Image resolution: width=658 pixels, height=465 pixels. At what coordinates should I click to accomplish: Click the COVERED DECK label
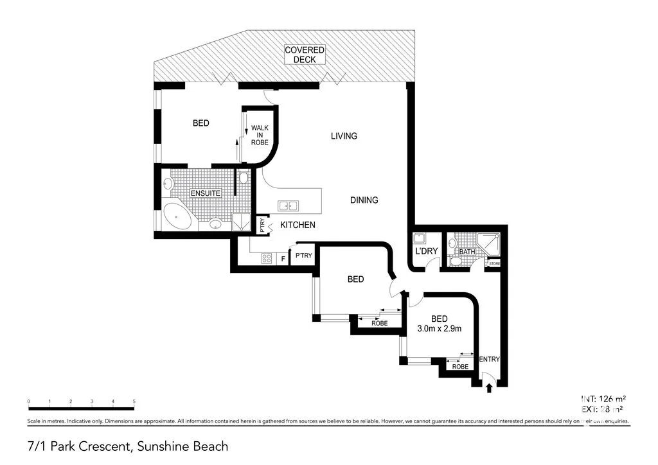305,55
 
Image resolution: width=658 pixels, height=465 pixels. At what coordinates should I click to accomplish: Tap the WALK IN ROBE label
260,135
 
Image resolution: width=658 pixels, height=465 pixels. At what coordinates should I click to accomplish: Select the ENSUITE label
205,193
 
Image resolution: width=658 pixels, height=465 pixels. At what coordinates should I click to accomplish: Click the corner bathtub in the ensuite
177,216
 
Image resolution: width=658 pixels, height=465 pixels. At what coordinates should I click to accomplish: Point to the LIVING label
344,136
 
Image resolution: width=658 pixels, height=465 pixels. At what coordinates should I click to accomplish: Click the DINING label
364,200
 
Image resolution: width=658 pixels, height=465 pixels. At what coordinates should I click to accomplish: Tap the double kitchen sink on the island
287,206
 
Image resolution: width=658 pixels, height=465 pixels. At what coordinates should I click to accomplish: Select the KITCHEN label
298,225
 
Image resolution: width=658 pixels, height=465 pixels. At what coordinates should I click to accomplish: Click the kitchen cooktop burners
267,259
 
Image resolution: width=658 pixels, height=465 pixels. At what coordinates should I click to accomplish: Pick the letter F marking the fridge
283,259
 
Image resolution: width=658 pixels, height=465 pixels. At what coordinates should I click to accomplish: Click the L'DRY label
426,251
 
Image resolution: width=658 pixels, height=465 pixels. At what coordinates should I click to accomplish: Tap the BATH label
467,252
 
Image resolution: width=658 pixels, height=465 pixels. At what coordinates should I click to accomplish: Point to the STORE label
494,264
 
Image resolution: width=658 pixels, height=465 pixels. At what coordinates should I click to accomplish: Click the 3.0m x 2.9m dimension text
440,329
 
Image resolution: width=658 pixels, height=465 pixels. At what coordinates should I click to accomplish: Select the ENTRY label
490,359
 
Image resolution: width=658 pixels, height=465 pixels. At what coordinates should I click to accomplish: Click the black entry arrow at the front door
490,387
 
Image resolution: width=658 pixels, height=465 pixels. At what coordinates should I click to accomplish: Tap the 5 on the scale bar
134,401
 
